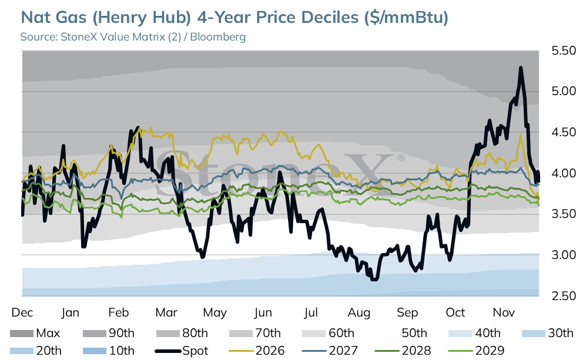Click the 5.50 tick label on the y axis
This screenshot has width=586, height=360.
[564, 51]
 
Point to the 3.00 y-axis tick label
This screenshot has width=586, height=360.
[564, 255]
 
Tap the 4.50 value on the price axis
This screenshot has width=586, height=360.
[564, 132]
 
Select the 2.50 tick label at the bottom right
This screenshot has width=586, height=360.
[564, 296]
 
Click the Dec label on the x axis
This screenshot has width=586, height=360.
[22, 312]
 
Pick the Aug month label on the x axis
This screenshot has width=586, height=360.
[359, 312]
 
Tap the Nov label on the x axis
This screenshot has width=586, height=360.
[504, 312]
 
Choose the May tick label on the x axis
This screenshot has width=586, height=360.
[215, 313]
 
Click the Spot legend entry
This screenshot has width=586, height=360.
[182, 351]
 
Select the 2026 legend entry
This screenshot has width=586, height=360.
[256, 351]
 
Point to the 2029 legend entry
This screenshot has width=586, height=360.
[477, 351]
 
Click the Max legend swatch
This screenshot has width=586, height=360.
[22, 333]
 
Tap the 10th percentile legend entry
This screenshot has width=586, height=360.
[108, 351]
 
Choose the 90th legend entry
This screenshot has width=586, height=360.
[108, 333]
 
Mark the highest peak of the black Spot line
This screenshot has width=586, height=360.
[521, 68]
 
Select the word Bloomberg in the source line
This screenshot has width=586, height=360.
[218, 37]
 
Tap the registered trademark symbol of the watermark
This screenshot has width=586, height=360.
[401, 158]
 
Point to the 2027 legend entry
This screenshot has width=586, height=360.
[330, 351]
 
